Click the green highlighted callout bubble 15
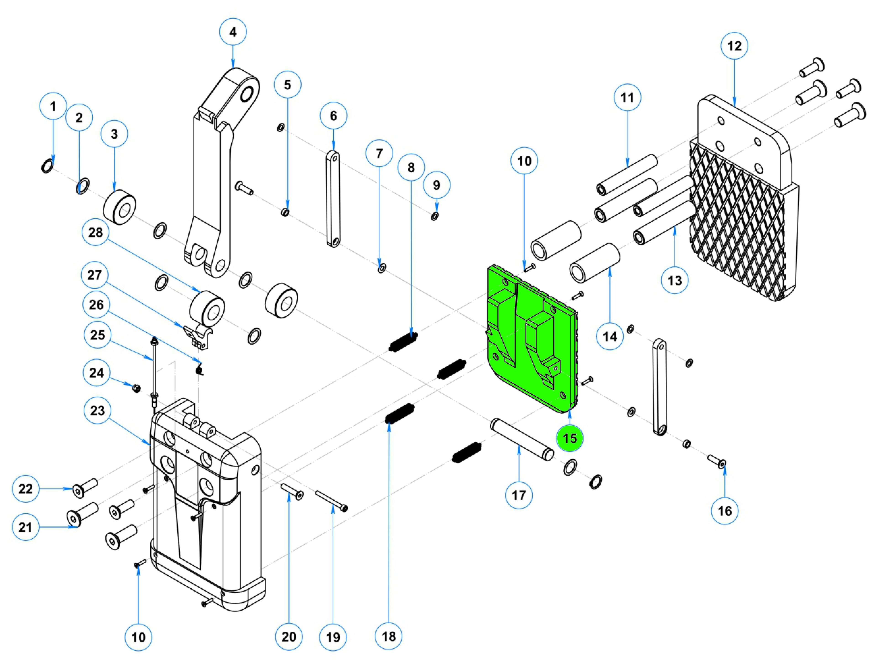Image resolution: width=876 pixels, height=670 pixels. click(x=569, y=438)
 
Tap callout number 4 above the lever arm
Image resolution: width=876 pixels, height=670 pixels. click(x=233, y=32)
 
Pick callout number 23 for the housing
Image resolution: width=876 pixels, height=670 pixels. click(x=97, y=410)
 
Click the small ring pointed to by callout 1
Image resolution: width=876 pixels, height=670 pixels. click(x=47, y=166)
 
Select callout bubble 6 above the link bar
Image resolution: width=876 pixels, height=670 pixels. click(x=333, y=116)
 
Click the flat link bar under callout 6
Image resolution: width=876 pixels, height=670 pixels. click(x=332, y=198)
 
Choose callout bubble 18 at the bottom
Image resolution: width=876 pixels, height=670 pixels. click(x=389, y=636)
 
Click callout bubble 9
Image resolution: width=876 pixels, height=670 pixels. click(x=437, y=185)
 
